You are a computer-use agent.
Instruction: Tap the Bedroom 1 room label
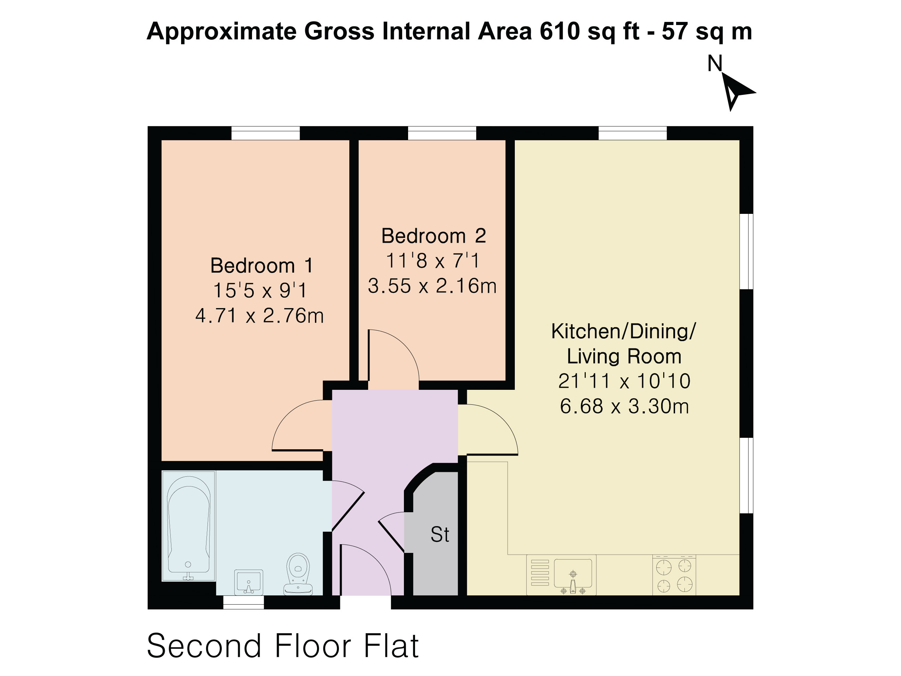[261, 266]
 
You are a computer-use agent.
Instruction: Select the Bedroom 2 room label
[433, 236]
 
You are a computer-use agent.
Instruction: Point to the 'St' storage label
[440, 534]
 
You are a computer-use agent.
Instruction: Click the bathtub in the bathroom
[189, 526]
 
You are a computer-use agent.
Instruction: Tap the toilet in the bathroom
[298, 574]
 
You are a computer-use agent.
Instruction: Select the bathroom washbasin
[249, 582]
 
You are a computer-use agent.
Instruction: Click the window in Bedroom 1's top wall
[266, 133]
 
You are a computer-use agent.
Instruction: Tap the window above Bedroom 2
[442, 133]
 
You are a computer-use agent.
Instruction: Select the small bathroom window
[244, 602]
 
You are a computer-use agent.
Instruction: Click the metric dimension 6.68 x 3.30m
[624, 407]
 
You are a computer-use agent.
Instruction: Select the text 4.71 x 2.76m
[259, 316]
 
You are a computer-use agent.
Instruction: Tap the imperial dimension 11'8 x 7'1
[432, 260]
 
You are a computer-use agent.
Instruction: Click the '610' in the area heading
[559, 31]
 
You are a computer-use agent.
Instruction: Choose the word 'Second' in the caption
[204, 646]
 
